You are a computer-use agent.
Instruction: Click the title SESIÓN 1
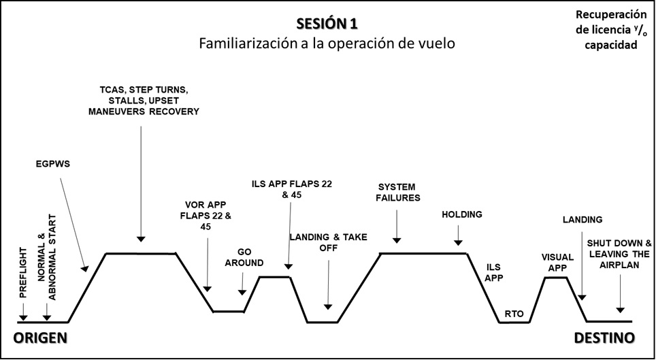click(x=327, y=24)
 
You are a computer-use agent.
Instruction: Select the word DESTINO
click(x=604, y=338)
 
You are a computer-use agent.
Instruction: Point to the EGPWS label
click(x=52, y=164)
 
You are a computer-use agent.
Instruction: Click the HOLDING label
click(x=461, y=214)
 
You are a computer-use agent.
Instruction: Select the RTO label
click(x=513, y=314)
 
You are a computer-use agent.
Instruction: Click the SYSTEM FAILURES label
click(x=399, y=192)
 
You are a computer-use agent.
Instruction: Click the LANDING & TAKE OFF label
click(x=328, y=242)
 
